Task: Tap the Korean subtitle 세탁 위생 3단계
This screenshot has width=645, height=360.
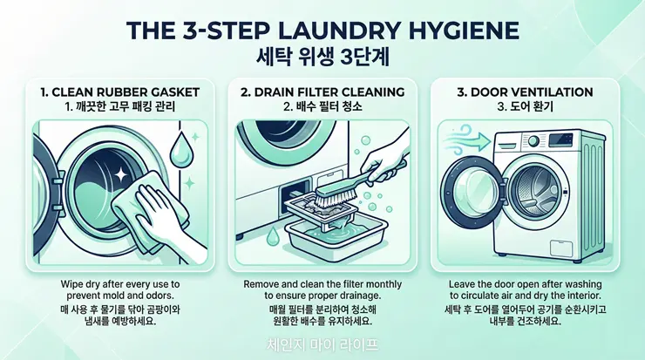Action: [x=322, y=58]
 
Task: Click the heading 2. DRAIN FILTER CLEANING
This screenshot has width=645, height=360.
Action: [x=322, y=92]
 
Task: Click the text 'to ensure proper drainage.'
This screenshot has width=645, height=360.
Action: [x=322, y=295]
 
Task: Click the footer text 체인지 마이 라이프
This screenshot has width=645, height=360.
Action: [x=322, y=344]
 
